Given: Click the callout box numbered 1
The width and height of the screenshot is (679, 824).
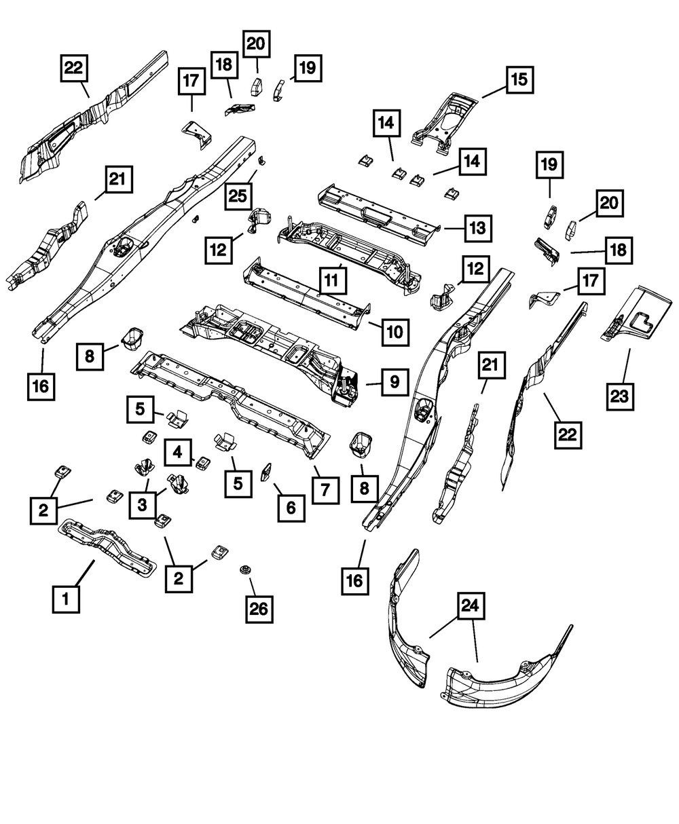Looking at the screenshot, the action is click(x=66, y=599).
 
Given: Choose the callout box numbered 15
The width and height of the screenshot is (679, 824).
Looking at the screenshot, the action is click(x=518, y=80).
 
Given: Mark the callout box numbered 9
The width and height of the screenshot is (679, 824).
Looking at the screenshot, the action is click(x=393, y=384).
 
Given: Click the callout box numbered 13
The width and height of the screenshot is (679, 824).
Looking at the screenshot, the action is click(x=478, y=227).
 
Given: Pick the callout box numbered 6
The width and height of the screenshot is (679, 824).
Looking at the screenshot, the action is click(x=291, y=506).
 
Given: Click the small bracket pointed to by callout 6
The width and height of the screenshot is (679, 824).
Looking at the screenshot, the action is click(x=266, y=470).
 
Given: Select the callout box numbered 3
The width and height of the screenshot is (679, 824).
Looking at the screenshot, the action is click(x=142, y=504).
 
